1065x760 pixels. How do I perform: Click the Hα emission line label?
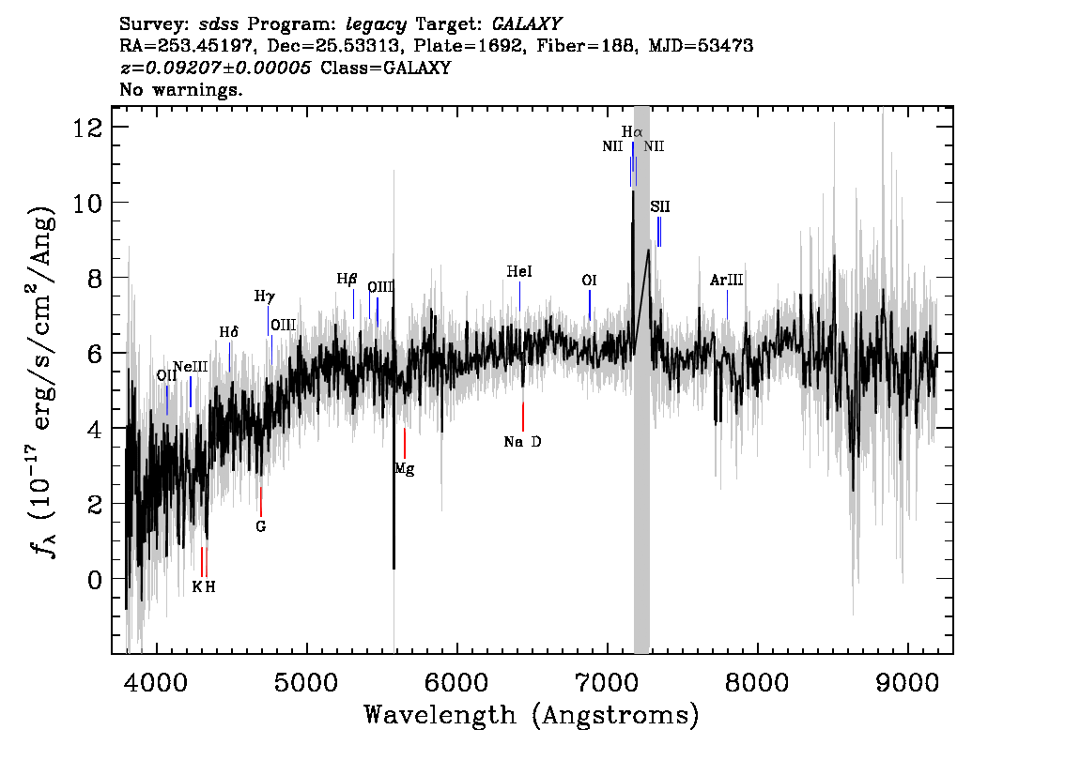tap(632, 131)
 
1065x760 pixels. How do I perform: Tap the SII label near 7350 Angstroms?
tap(659, 206)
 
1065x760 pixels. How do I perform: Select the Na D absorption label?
tap(522, 442)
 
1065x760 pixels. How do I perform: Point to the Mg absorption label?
tap(405, 469)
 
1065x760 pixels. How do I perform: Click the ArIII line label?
tap(726, 280)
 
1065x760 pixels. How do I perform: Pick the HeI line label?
tap(519, 271)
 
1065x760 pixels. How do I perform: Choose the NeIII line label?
tap(190, 367)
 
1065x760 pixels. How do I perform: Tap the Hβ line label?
tap(347, 279)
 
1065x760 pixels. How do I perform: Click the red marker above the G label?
tap(261, 501)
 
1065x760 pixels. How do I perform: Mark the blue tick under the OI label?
tap(590, 305)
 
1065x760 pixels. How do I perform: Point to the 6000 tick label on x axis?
tap(457, 682)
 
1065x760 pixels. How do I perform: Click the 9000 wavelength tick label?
tap(906, 682)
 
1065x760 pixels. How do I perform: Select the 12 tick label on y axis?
tap(87, 127)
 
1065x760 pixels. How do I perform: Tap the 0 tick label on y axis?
tap(95, 579)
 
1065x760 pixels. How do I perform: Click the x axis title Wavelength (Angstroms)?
tap(532, 715)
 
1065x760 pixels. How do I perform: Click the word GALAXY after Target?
tap(526, 24)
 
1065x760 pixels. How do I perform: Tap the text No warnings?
tap(180, 89)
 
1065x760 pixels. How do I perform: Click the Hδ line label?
tap(229, 332)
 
